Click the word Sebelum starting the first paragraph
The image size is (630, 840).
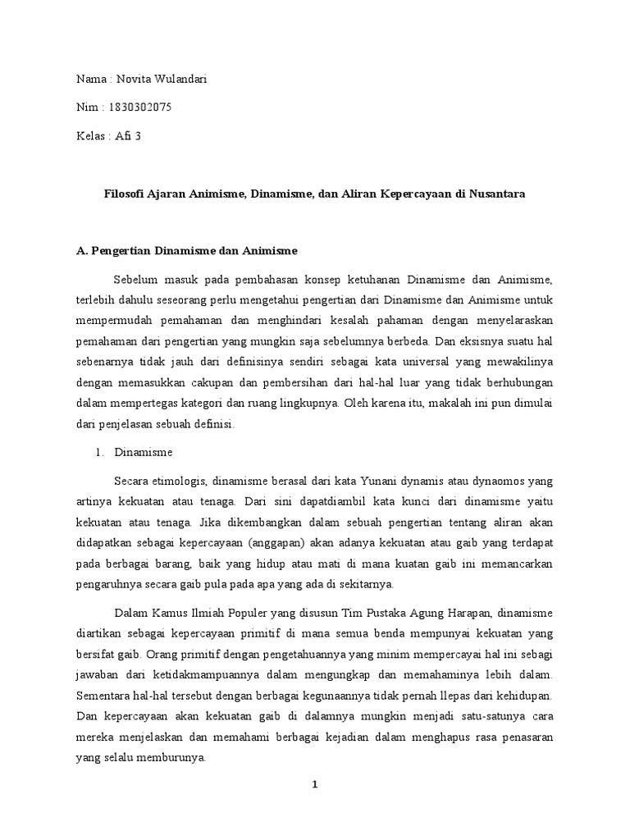(138, 281)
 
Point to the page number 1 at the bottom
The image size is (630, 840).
(314, 784)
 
